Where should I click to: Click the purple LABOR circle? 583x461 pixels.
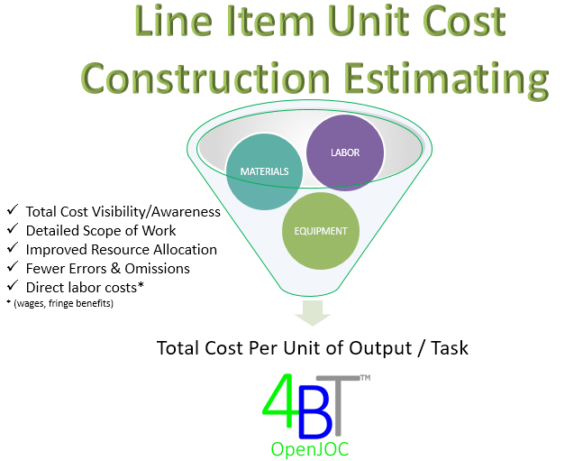[345, 152]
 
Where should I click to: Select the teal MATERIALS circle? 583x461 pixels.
[264, 171]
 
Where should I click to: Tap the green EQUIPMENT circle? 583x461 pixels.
[321, 231]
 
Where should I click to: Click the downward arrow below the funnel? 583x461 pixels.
[313, 313]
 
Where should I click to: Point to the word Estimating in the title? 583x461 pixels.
[446, 79]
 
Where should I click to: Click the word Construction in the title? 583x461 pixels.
[205, 78]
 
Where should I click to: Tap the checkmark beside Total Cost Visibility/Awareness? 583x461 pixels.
[13, 209]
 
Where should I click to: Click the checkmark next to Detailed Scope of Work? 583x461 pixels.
[13, 228]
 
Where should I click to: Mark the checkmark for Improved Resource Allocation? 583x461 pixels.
[13, 247]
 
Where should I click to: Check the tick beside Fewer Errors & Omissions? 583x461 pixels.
[13, 267]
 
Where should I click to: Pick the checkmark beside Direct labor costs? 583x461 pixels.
[13, 286]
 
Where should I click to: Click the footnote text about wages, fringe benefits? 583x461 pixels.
[59, 303]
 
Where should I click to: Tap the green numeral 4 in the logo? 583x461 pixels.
[279, 401]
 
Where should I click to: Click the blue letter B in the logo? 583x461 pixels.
[315, 417]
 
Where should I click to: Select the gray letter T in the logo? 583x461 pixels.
[338, 405]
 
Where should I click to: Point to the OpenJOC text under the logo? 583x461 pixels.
[310, 449]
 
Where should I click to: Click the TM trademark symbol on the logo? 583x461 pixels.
[366, 378]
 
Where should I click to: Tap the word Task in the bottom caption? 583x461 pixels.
[450, 348]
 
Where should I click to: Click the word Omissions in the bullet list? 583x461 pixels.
[158, 269]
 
